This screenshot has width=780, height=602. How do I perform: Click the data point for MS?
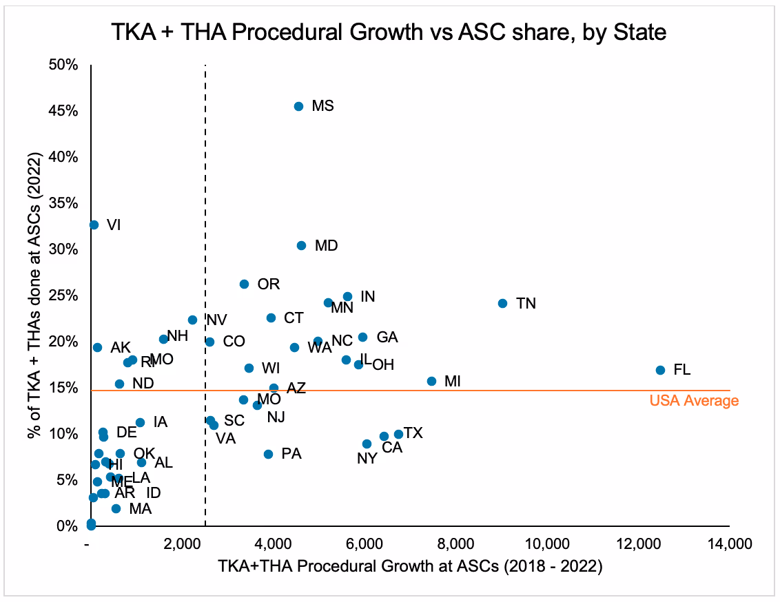[x=298, y=106]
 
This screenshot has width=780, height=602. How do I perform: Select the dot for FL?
[x=660, y=370]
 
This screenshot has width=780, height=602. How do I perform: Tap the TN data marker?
[x=502, y=303]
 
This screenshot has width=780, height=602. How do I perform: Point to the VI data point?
[x=94, y=225]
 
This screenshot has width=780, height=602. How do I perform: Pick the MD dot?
[x=301, y=245]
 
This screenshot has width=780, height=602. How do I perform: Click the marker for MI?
[x=431, y=381]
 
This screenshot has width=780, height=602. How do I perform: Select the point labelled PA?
[x=268, y=454]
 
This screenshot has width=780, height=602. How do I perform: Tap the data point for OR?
[x=244, y=284]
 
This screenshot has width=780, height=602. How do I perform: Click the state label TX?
[x=413, y=433]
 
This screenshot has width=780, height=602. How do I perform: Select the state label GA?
[x=387, y=338]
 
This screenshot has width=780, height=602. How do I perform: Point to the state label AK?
[x=120, y=347]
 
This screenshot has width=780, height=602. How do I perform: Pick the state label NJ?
[x=276, y=417]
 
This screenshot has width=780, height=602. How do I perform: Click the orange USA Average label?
[x=694, y=401]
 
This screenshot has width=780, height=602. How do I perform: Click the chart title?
[x=390, y=32]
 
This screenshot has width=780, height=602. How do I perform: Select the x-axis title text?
[x=410, y=567]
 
